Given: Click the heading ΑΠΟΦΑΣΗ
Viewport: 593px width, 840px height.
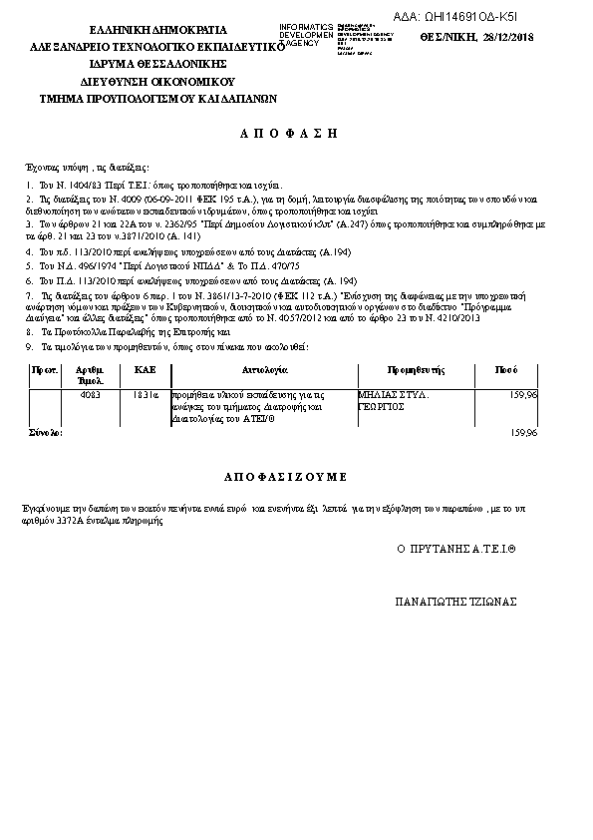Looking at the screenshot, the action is coord(290,133).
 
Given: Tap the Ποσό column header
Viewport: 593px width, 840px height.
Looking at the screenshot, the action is coord(505,369).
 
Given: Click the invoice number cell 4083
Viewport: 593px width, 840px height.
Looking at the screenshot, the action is coord(90,395).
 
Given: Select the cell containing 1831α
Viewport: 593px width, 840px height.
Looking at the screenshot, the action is coord(146,395).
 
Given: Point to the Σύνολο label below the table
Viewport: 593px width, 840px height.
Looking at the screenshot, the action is coord(46,434).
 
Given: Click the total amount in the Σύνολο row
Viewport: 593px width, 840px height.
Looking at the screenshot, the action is coord(522,434).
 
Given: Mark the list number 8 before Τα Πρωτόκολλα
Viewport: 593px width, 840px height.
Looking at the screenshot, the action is coord(29,330).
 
